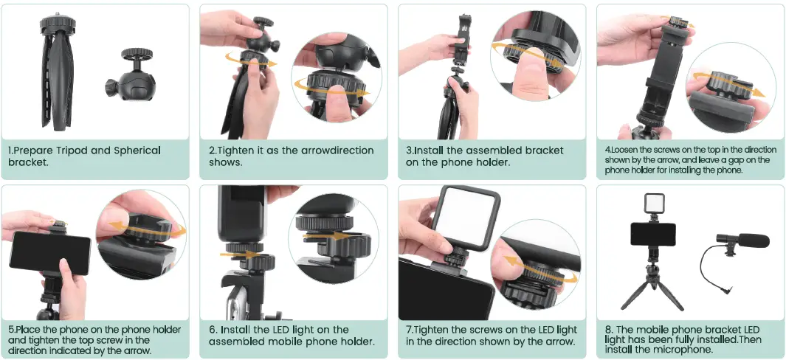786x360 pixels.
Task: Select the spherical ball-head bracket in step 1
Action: coord(131,75)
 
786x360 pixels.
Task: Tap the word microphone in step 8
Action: coord(683,350)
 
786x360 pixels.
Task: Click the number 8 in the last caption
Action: coord(608,330)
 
